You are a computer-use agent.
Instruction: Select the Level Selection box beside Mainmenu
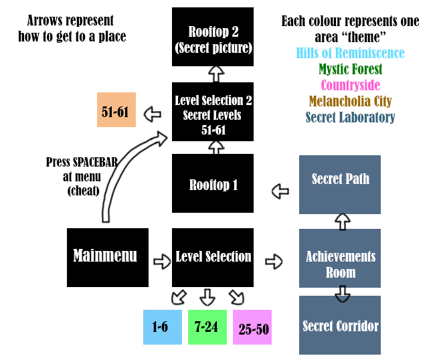[213, 257]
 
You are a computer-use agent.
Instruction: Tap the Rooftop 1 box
[213, 185]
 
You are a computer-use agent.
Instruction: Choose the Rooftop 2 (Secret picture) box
[213, 37]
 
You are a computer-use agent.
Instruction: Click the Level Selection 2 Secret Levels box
[213, 112]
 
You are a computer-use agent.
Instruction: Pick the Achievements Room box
[340, 264]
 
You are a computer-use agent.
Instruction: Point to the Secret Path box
[340, 179]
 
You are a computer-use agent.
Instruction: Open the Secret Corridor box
[340, 326]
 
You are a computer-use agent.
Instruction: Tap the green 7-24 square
[207, 327]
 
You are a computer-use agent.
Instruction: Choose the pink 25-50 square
[252, 327]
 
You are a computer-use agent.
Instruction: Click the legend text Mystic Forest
[350, 69]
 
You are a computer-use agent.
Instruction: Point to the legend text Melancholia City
[350, 102]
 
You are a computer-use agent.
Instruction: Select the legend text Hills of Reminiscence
[350, 53]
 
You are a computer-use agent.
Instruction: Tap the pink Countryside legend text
[350, 86]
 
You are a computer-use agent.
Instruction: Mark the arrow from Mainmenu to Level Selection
[162, 261]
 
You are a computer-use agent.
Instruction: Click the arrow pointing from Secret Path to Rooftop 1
[280, 192]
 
